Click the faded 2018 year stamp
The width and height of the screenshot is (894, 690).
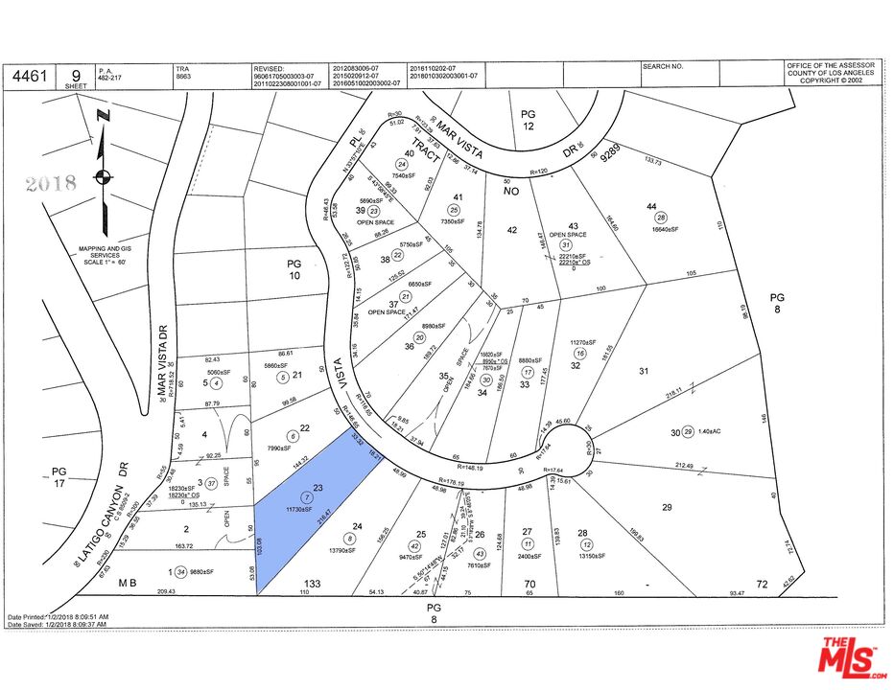tap(49, 183)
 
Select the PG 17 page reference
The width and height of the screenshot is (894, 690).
tap(59, 477)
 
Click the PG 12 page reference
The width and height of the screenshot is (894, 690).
tap(528, 120)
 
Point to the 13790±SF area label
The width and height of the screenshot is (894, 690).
tap(351, 552)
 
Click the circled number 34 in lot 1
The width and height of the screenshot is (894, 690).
tap(180, 573)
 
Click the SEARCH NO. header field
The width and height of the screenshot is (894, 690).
tap(663, 66)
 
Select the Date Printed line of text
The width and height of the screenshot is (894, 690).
tap(58, 616)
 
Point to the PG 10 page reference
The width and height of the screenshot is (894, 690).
tap(295, 269)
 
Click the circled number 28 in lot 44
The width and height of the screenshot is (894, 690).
tap(660, 218)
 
